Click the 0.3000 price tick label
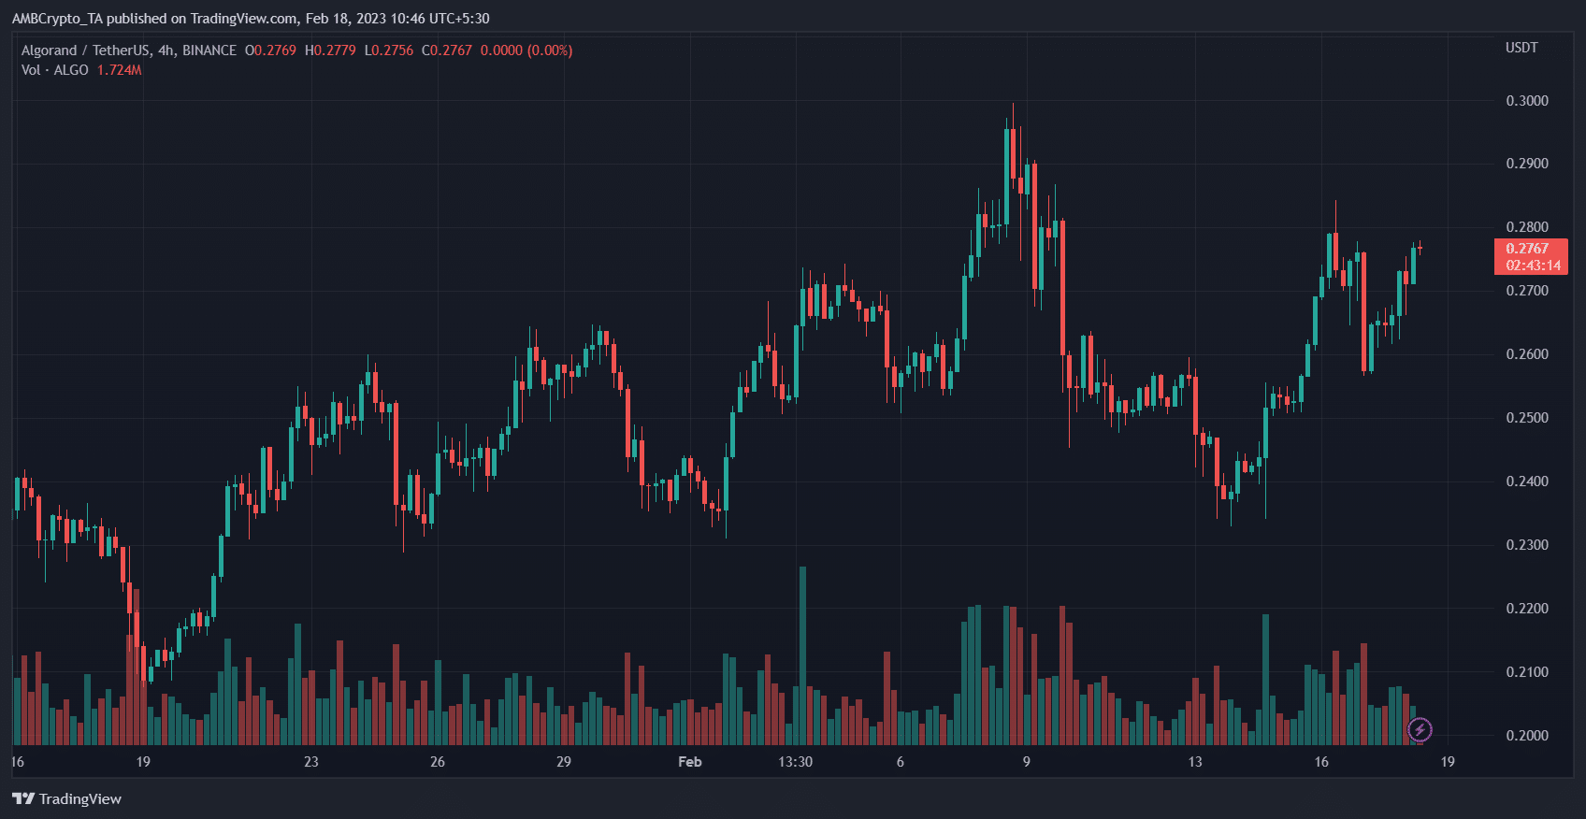[1526, 101]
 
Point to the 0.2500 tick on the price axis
[1526, 418]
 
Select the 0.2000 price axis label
[1526, 736]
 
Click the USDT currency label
[1521, 48]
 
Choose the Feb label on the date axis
[689, 762]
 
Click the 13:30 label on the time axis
[795, 762]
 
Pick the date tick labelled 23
[310, 762]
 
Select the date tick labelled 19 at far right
[1447, 762]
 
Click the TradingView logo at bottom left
[66, 798]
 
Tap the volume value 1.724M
[119, 70]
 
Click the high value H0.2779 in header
[330, 50]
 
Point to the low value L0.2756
[388, 50]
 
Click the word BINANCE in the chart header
[209, 50]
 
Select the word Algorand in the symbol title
[49, 50]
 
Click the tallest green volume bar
[802, 654]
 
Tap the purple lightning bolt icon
[1420, 729]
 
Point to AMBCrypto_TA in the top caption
[57, 19]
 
